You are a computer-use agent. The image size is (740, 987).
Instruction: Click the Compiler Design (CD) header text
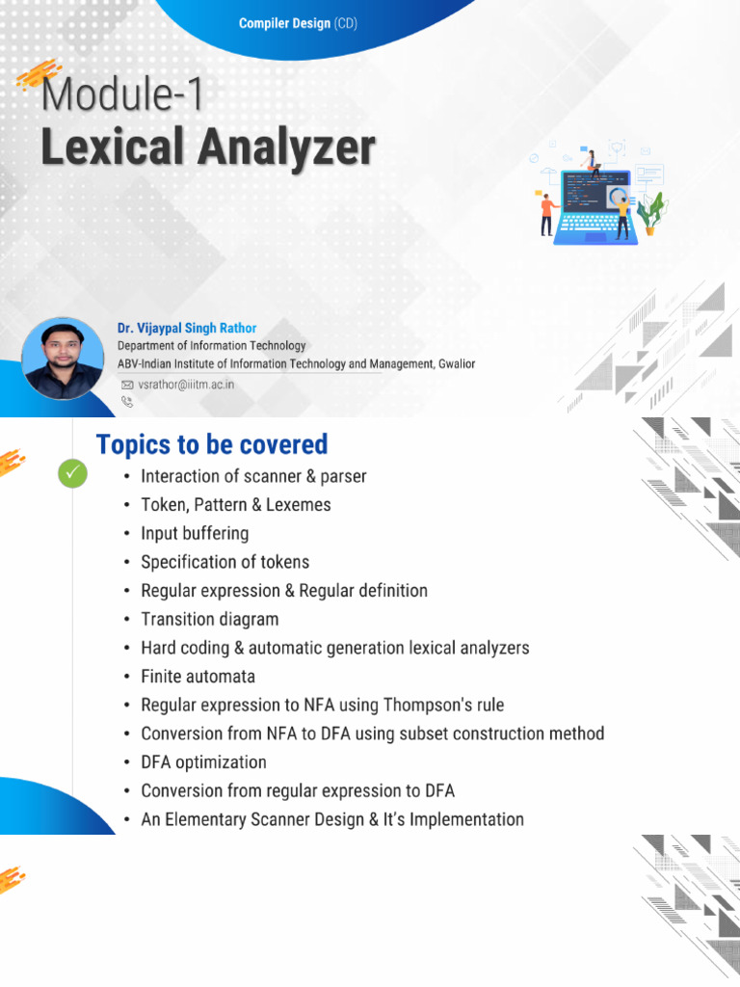click(298, 23)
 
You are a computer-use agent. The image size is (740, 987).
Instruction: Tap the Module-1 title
click(123, 96)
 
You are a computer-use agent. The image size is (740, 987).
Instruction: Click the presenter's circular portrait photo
click(63, 359)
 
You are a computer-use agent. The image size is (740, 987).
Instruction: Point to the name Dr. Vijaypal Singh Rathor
click(187, 328)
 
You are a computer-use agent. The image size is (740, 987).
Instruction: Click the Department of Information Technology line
click(211, 345)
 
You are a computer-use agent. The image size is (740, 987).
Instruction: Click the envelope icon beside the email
click(127, 384)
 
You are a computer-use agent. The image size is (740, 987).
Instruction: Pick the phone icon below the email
click(126, 401)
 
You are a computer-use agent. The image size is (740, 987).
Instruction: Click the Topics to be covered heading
click(212, 444)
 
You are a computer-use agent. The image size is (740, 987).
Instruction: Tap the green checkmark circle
click(72, 473)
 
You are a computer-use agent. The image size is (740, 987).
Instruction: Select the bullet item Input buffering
click(195, 533)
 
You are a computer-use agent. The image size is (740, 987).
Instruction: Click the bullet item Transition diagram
click(209, 619)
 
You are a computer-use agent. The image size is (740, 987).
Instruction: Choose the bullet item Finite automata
click(198, 677)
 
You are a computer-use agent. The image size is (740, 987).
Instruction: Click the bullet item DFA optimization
click(203, 762)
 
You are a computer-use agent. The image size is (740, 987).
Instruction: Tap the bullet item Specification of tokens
click(225, 562)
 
